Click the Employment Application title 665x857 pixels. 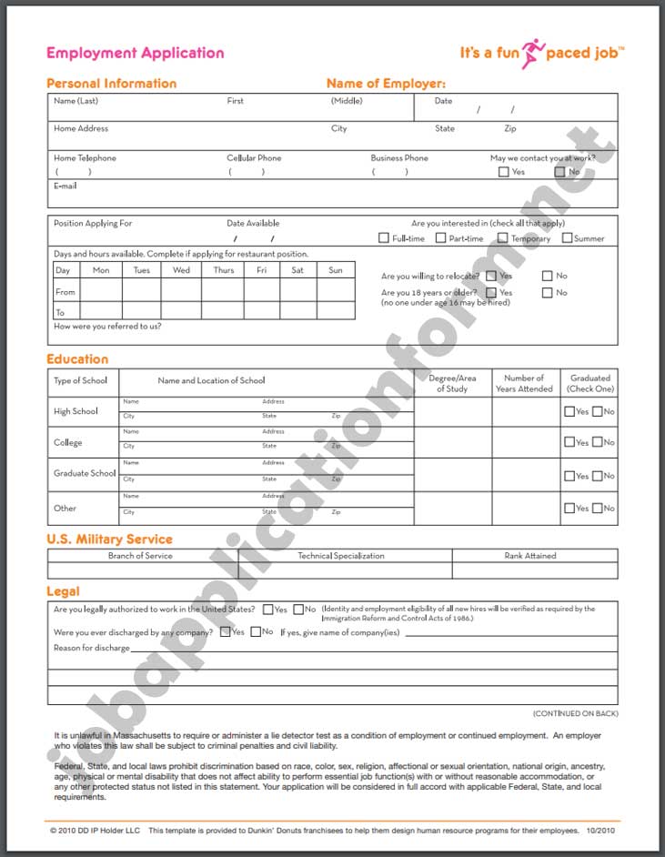click(135, 53)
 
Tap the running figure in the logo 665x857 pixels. click(532, 53)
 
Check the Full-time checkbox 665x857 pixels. click(384, 238)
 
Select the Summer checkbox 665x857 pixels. click(567, 238)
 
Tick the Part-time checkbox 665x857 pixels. click(440, 238)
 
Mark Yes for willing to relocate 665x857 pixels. click(491, 276)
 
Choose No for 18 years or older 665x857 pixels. click(547, 293)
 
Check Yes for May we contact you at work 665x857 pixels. click(503, 172)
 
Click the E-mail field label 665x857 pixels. click(65, 186)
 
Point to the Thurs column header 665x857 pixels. click(224, 270)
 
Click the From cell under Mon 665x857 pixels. click(101, 292)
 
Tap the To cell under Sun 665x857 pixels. click(336, 311)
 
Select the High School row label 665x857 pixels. click(76, 411)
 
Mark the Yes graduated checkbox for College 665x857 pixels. click(569, 443)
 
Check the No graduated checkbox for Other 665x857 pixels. click(598, 509)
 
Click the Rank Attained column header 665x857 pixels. click(530, 556)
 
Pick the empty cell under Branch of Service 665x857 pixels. click(142, 570)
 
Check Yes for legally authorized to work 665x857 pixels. click(268, 610)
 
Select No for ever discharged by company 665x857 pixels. click(256, 631)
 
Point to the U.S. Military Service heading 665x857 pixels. click(109, 539)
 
